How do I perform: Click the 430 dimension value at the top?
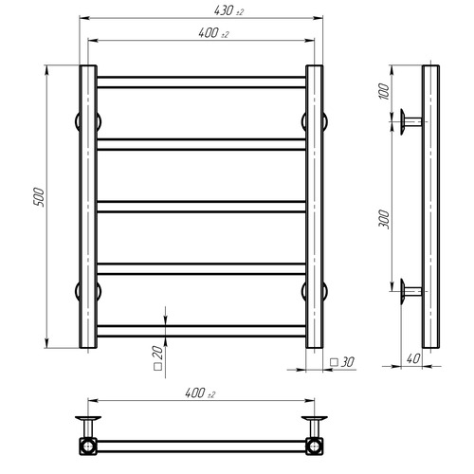pos(228,11)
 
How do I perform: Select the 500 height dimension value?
pos(39,197)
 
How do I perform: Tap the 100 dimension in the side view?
pos(383,91)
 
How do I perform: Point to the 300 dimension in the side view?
pos(384,219)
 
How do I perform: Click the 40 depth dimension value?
pos(413,358)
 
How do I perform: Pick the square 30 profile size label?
pos(342,362)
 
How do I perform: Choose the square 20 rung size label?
pos(157,357)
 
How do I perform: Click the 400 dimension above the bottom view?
pos(200,393)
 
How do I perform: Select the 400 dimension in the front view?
pos(213,33)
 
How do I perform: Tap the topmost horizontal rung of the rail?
pos(201,82)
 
